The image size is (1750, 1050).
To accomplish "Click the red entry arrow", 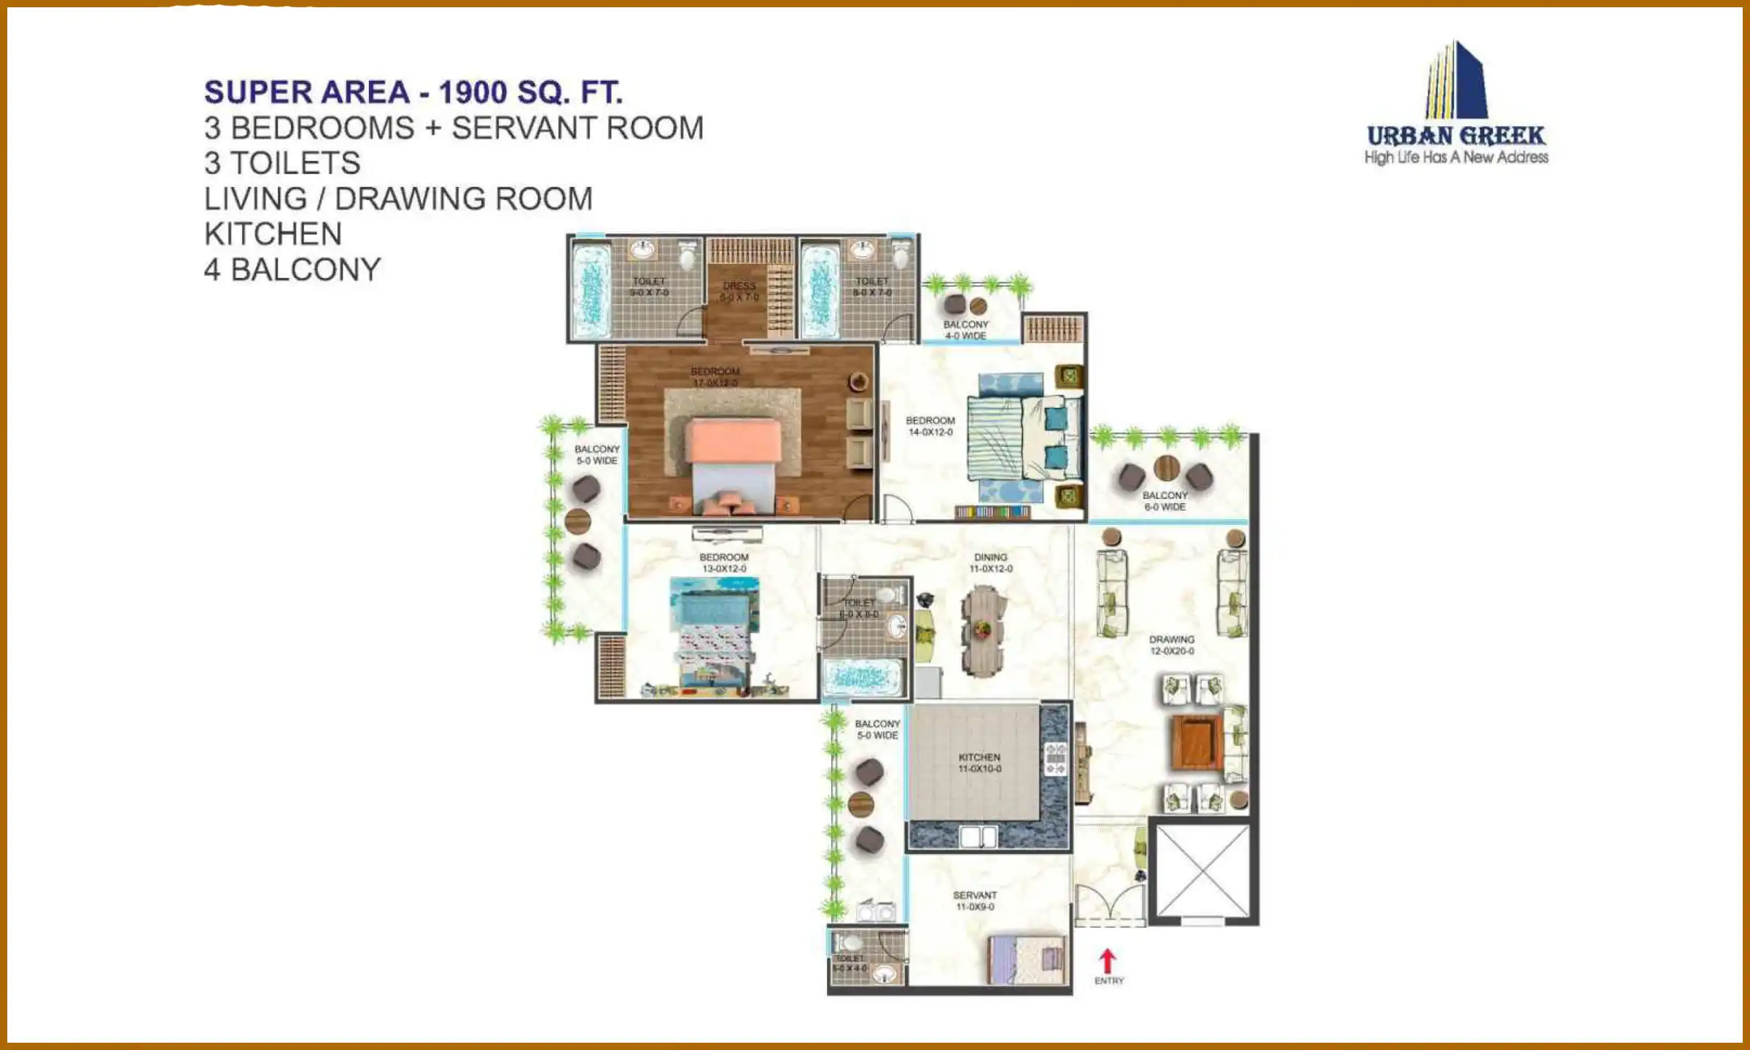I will (1107, 961).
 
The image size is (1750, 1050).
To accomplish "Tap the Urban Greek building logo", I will (1455, 81).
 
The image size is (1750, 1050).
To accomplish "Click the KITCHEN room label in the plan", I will (979, 763).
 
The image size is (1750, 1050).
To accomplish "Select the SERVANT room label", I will (974, 901).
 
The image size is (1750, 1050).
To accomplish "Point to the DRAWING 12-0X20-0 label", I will (1172, 645).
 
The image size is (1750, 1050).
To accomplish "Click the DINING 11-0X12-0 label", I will (990, 562).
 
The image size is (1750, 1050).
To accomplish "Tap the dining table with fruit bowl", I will (982, 629).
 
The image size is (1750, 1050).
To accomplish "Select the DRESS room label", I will (739, 291).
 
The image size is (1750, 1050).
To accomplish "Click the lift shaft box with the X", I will (1202, 871).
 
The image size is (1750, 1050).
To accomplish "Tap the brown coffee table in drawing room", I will (1196, 742).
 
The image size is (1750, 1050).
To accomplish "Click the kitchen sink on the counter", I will (978, 836).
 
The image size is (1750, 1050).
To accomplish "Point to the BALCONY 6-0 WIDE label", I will (1164, 501).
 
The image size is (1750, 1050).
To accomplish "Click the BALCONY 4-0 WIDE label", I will (965, 330).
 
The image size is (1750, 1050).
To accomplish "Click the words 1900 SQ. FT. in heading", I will (530, 93).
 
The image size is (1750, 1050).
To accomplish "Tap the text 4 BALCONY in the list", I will (292, 270).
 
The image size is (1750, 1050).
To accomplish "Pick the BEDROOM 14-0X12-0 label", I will (930, 426).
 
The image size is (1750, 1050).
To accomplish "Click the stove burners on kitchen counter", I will (1055, 758).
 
